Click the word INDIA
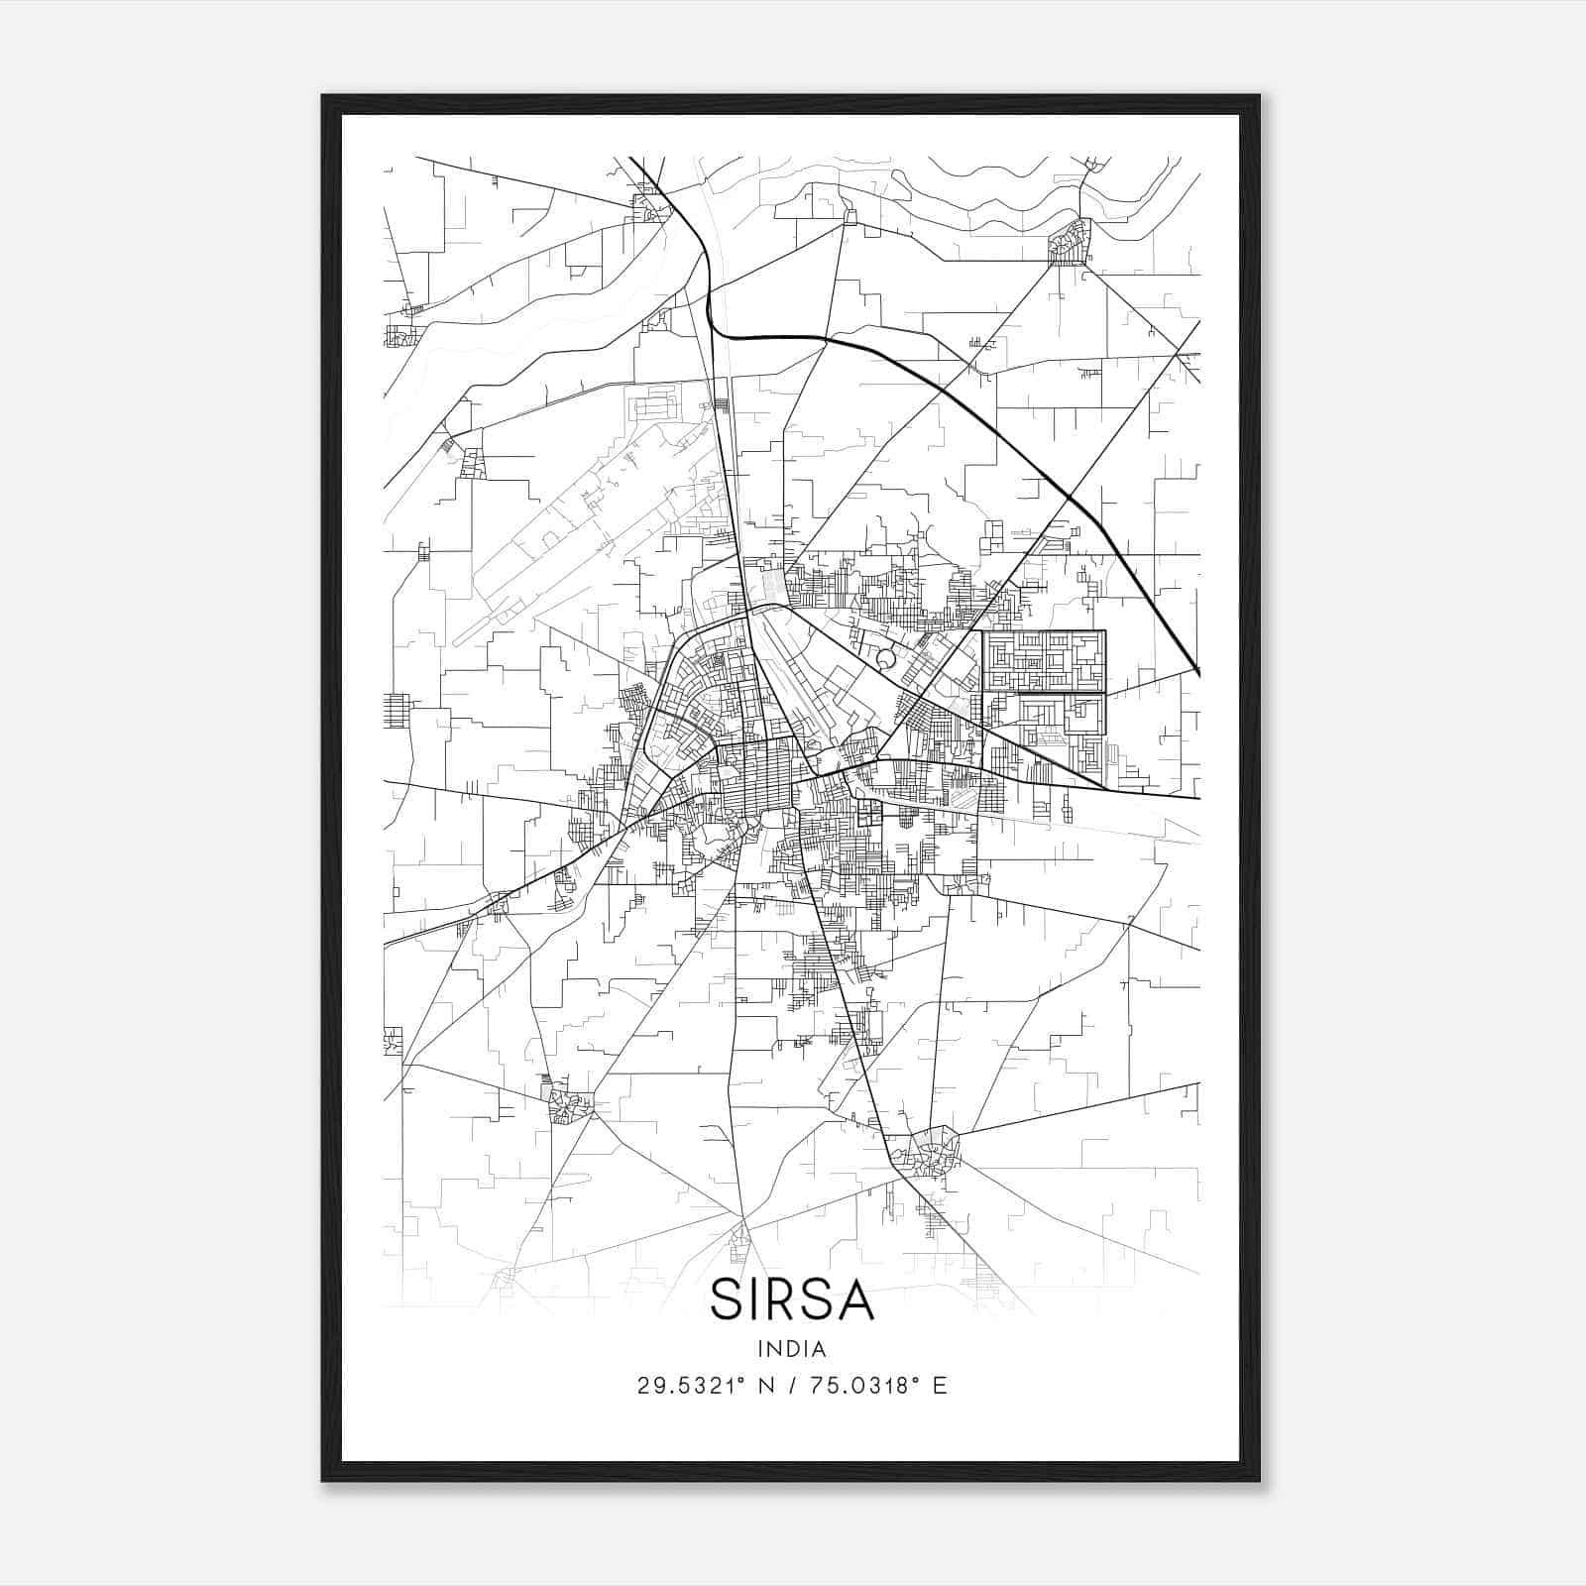coord(792,1348)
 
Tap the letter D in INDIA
coord(793,1348)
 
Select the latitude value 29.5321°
coord(692,1386)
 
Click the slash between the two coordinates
coord(793,1386)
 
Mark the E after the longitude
coord(940,1386)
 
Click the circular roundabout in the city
coord(886,657)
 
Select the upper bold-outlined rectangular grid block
coord(1043,661)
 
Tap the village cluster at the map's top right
coord(1070,241)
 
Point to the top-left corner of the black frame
coord(323,96)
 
